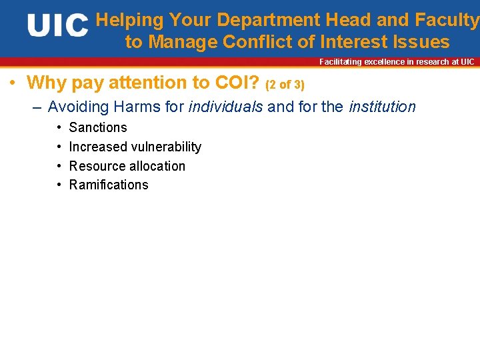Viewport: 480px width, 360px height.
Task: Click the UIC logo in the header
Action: pyautogui.click(x=58, y=26)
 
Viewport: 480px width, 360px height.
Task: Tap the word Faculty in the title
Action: pyautogui.click(x=450, y=21)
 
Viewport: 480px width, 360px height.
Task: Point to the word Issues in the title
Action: pyautogui.click(x=421, y=42)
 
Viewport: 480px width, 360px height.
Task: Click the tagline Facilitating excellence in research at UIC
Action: pyautogui.click(x=397, y=62)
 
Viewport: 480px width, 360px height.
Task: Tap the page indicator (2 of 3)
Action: pyautogui.click(x=285, y=85)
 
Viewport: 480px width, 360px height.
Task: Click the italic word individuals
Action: pyautogui.click(x=226, y=107)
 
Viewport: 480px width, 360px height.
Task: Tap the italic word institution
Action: pyautogui.click(x=382, y=107)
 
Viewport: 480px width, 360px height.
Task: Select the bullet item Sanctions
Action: pyautogui.click(x=98, y=127)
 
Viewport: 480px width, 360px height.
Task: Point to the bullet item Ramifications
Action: pyautogui.click(x=109, y=185)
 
